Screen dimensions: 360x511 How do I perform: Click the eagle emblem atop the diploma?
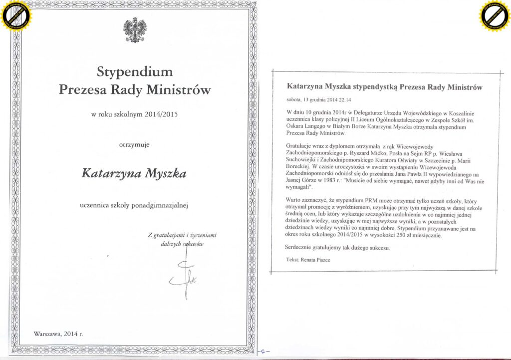(135, 29)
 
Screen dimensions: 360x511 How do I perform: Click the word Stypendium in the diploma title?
(135, 71)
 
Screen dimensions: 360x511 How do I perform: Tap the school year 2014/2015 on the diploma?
(158, 114)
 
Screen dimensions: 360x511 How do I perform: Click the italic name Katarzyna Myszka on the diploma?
(134, 173)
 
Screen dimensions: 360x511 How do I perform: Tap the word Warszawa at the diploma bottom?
(48, 334)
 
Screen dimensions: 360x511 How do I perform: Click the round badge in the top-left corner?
(15, 15)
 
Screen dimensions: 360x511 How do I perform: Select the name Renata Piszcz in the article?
(315, 260)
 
